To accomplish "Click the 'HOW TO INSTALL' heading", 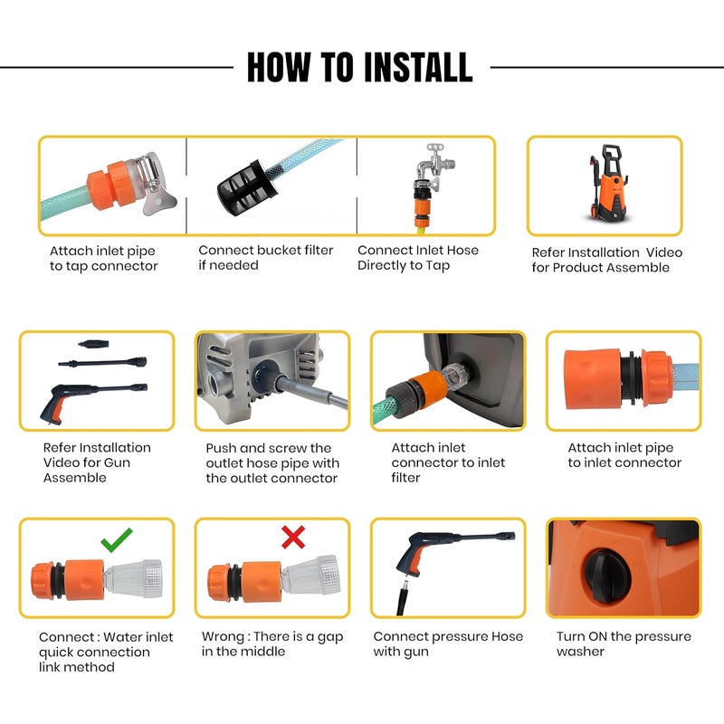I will click(359, 67).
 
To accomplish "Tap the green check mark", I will click(116, 541).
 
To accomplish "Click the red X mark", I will click(292, 538).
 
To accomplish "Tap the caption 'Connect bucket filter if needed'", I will click(266, 258).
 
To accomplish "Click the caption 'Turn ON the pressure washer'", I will click(623, 643).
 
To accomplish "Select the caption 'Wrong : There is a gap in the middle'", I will click(271, 643).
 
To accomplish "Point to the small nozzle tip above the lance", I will click(92, 345).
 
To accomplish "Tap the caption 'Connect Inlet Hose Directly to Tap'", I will click(418, 258).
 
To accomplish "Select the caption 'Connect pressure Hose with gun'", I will click(447, 643).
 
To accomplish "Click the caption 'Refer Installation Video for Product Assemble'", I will click(606, 260).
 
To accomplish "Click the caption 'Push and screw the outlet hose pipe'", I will click(271, 462).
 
